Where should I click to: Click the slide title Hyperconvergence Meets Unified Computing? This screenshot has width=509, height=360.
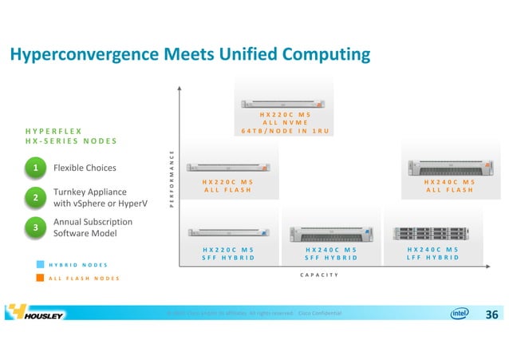190,54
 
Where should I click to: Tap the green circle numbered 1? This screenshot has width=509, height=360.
36,168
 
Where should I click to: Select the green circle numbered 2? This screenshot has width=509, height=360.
36,196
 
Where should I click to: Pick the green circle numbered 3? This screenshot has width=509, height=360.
36,227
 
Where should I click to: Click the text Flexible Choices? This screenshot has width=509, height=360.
84,168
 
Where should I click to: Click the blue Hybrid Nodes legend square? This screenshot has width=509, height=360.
41,264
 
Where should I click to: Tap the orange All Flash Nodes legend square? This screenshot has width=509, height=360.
41,278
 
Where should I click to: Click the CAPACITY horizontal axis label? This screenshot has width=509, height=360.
319,275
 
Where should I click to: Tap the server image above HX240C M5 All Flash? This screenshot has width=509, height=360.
449,167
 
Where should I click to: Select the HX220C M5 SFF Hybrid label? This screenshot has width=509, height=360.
228,253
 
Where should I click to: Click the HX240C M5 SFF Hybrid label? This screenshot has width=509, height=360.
330,253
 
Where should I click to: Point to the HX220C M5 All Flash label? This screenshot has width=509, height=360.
228,185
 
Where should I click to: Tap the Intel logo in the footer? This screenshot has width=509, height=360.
460,314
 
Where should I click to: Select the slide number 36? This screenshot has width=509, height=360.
491,315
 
